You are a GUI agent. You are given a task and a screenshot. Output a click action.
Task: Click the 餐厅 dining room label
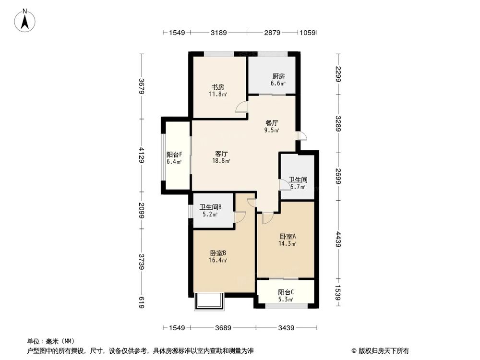tap(272, 122)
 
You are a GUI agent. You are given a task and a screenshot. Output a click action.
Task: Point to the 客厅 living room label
tap(221, 154)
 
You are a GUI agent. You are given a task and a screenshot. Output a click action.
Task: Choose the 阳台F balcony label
tap(174, 155)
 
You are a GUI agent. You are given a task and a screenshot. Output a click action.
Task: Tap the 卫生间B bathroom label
tap(210, 208)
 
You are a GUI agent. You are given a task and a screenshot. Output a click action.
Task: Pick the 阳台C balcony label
tap(286, 292)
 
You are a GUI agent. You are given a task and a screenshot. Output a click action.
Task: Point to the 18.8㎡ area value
tap(221, 161)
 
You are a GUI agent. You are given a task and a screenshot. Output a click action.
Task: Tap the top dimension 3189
tap(219, 33)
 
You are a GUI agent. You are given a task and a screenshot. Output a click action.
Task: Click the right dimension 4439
tap(338, 240)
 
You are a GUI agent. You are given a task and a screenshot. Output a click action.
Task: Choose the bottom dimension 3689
tap(223, 328)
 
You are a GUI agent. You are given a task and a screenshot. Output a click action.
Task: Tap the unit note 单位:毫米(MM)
tap(47, 341)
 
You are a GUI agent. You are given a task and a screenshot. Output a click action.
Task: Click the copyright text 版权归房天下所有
tap(382, 350)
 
